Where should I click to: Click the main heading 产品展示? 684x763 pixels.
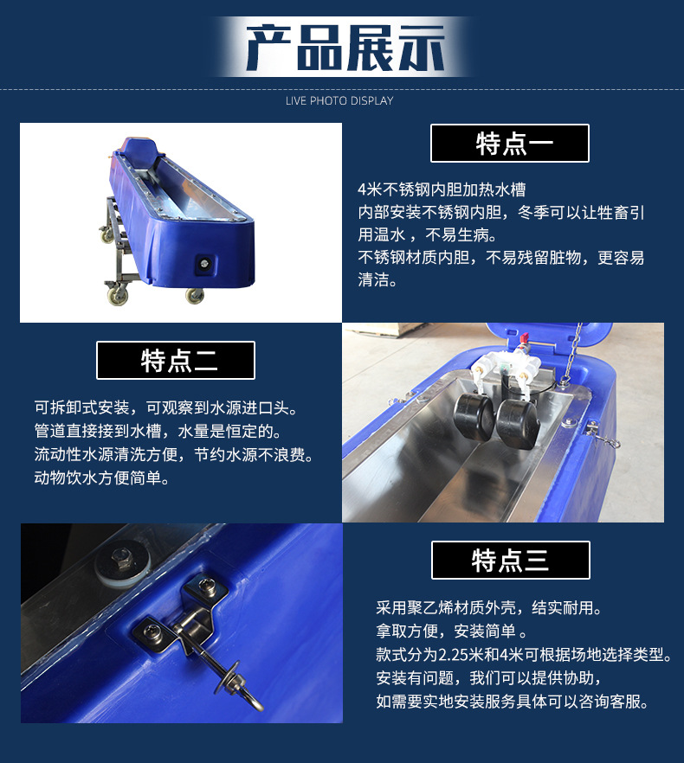pos(345,48)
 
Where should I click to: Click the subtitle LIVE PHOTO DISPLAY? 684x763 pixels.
pos(339,100)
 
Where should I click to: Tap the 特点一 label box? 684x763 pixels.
pos(510,143)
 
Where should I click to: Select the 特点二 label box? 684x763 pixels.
pos(176,360)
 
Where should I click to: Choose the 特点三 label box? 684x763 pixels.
pos(511,560)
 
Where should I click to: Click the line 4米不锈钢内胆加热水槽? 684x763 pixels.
pos(442,189)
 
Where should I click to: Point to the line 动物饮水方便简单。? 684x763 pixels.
pos(102,478)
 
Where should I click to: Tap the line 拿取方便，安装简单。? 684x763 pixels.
pos(452,631)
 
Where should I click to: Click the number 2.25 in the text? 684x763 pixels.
pos(453,655)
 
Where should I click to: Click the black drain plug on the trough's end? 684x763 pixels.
pos(203,264)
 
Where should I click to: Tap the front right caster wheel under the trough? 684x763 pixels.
pos(195,295)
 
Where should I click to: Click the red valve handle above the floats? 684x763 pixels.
pos(524,337)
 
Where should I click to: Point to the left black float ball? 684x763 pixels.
pos(473,417)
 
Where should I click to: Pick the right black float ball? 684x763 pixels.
pos(518,424)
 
